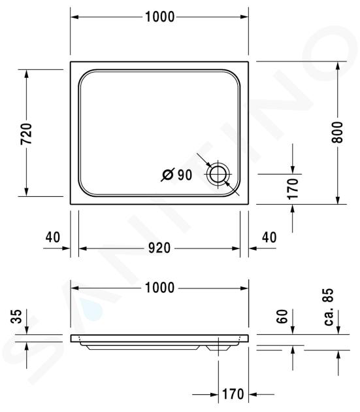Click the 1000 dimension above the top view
pyautogui.click(x=159, y=17)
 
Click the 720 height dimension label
pyautogui.click(x=26, y=134)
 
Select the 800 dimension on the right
pyautogui.click(x=337, y=132)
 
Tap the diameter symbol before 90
pyautogui.click(x=168, y=175)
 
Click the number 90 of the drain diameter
pyautogui.click(x=185, y=175)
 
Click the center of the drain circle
pyautogui.click(x=218, y=175)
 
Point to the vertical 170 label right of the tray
pyautogui.click(x=293, y=188)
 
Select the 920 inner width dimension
pyautogui.click(x=159, y=248)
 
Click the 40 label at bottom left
pyautogui.click(x=53, y=237)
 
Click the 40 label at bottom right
pyautogui.click(x=269, y=237)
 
